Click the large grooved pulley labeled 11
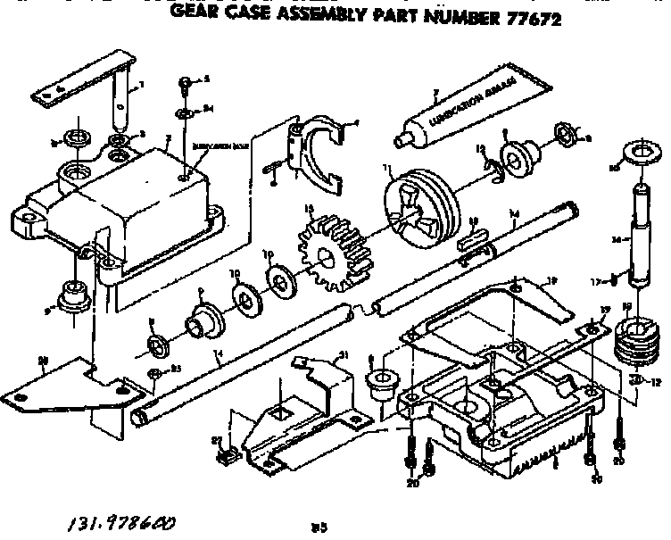pos(417,206)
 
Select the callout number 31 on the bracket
pos(340,355)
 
